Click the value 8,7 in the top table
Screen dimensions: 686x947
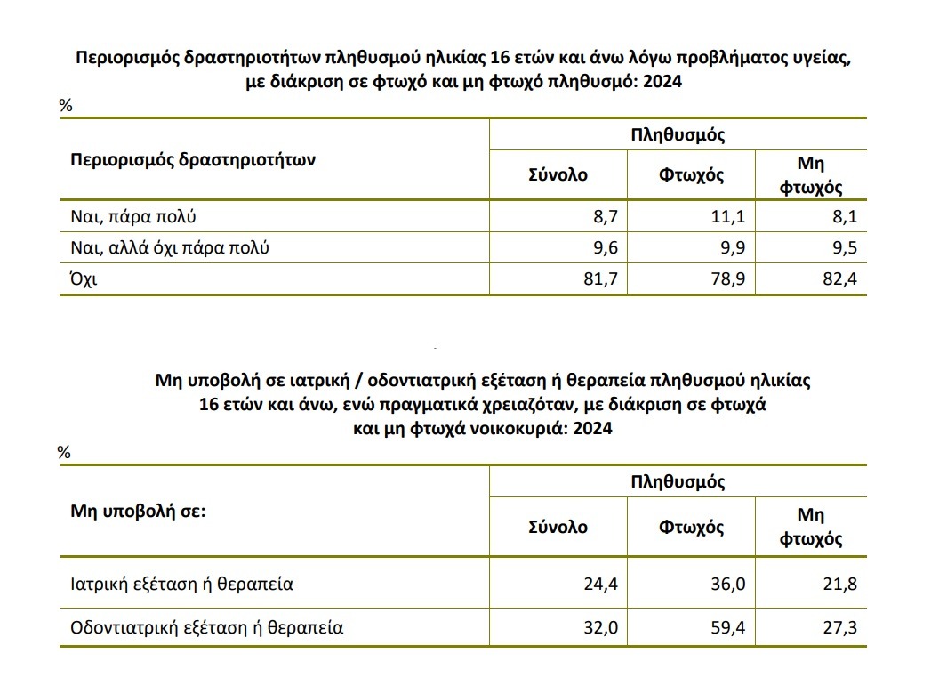click(601, 215)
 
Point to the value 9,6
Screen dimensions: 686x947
click(601, 247)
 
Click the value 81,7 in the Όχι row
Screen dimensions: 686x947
click(598, 279)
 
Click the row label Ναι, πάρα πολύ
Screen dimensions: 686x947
click(132, 215)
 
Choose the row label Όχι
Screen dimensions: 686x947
click(84, 279)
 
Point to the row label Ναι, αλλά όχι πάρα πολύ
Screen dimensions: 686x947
click(169, 247)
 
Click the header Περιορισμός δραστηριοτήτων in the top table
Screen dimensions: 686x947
click(193, 160)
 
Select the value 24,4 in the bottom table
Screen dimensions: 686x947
click(598, 585)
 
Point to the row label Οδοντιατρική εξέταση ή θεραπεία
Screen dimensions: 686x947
click(206, 627)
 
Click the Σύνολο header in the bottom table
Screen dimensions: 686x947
click(558, 526)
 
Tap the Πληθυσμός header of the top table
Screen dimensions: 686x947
click(678, 135)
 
